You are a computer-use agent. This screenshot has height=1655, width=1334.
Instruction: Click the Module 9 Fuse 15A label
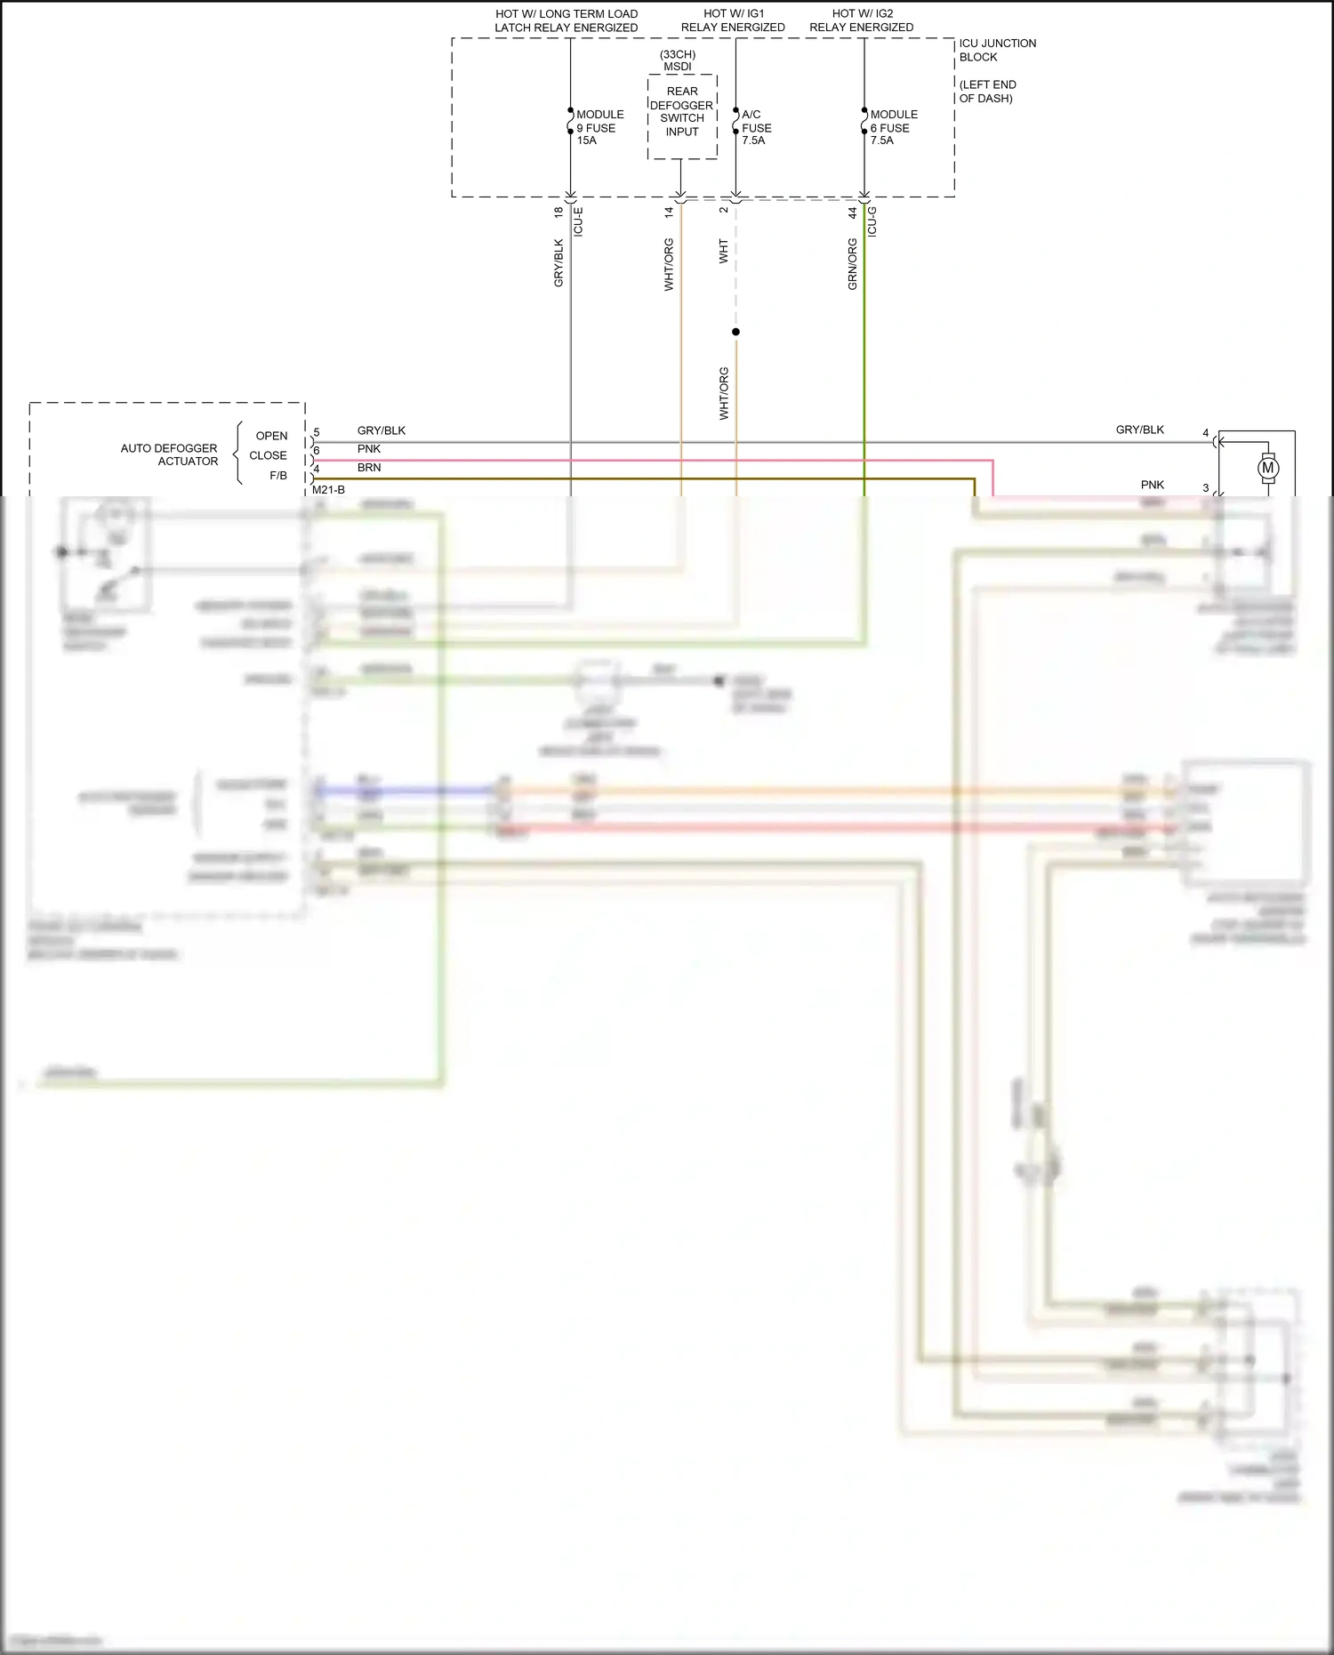pos(599,127)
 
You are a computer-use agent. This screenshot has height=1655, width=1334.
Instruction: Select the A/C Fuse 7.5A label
pos(755,127)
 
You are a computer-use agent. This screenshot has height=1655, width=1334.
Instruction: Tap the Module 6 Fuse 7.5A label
pos(893,127)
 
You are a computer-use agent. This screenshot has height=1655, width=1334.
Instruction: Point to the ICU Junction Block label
pos(996,50)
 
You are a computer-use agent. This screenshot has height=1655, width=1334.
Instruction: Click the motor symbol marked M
pos(1268,468)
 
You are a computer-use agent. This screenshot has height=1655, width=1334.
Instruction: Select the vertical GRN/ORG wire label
pos(852,264)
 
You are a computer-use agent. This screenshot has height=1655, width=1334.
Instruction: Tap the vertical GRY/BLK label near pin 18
pos(559,262)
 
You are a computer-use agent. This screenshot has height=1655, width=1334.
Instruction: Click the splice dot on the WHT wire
pos(735,332)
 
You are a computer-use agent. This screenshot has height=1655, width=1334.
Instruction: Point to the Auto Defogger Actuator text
pos(169,454)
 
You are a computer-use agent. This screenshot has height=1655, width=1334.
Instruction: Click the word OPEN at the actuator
pos(271,436)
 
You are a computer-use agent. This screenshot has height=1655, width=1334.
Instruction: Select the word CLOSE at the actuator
pos(268,455)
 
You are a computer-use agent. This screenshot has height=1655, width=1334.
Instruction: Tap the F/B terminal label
pos(277,476)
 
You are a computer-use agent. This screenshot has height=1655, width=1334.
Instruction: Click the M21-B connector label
pos(328,490)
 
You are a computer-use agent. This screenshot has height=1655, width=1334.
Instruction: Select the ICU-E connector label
pos(578,221)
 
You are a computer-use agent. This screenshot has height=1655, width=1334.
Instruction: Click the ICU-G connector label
pos(872,221)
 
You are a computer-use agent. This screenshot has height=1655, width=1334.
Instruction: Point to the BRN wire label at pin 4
pos(369,468)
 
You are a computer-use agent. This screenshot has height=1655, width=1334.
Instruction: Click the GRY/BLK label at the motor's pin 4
pos(1139,430)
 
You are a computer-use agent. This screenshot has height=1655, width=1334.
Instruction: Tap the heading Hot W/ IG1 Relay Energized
pos(733,20)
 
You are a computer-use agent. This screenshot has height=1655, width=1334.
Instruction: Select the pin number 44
pos(852,213)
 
